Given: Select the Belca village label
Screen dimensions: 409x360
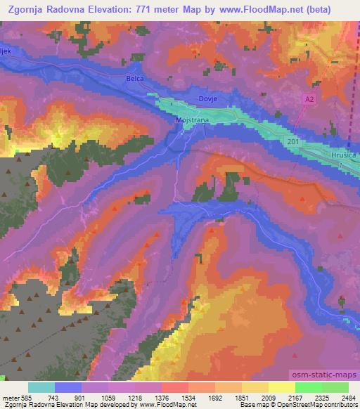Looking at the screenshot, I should coord(135,79).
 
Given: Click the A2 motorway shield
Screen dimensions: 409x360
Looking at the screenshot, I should coord(309,100).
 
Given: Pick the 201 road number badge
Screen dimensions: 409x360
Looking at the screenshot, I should coord(293,142).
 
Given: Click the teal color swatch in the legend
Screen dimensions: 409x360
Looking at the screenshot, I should coord(41,387).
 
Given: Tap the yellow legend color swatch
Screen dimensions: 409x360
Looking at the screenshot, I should coord(282,387).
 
